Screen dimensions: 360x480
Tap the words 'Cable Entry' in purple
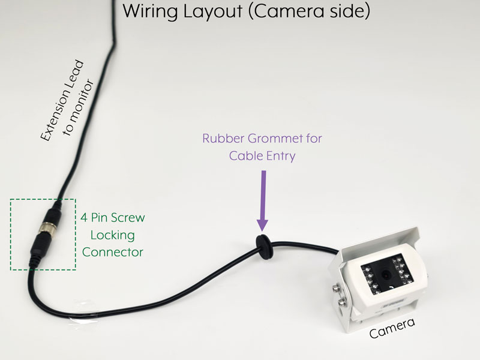click(x=262, y=155)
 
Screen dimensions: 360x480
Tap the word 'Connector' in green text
click(x=113, y=252)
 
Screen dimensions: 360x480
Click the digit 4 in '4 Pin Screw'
click(x=84, y=217)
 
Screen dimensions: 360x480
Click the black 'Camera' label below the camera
click(x=391, y=329)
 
